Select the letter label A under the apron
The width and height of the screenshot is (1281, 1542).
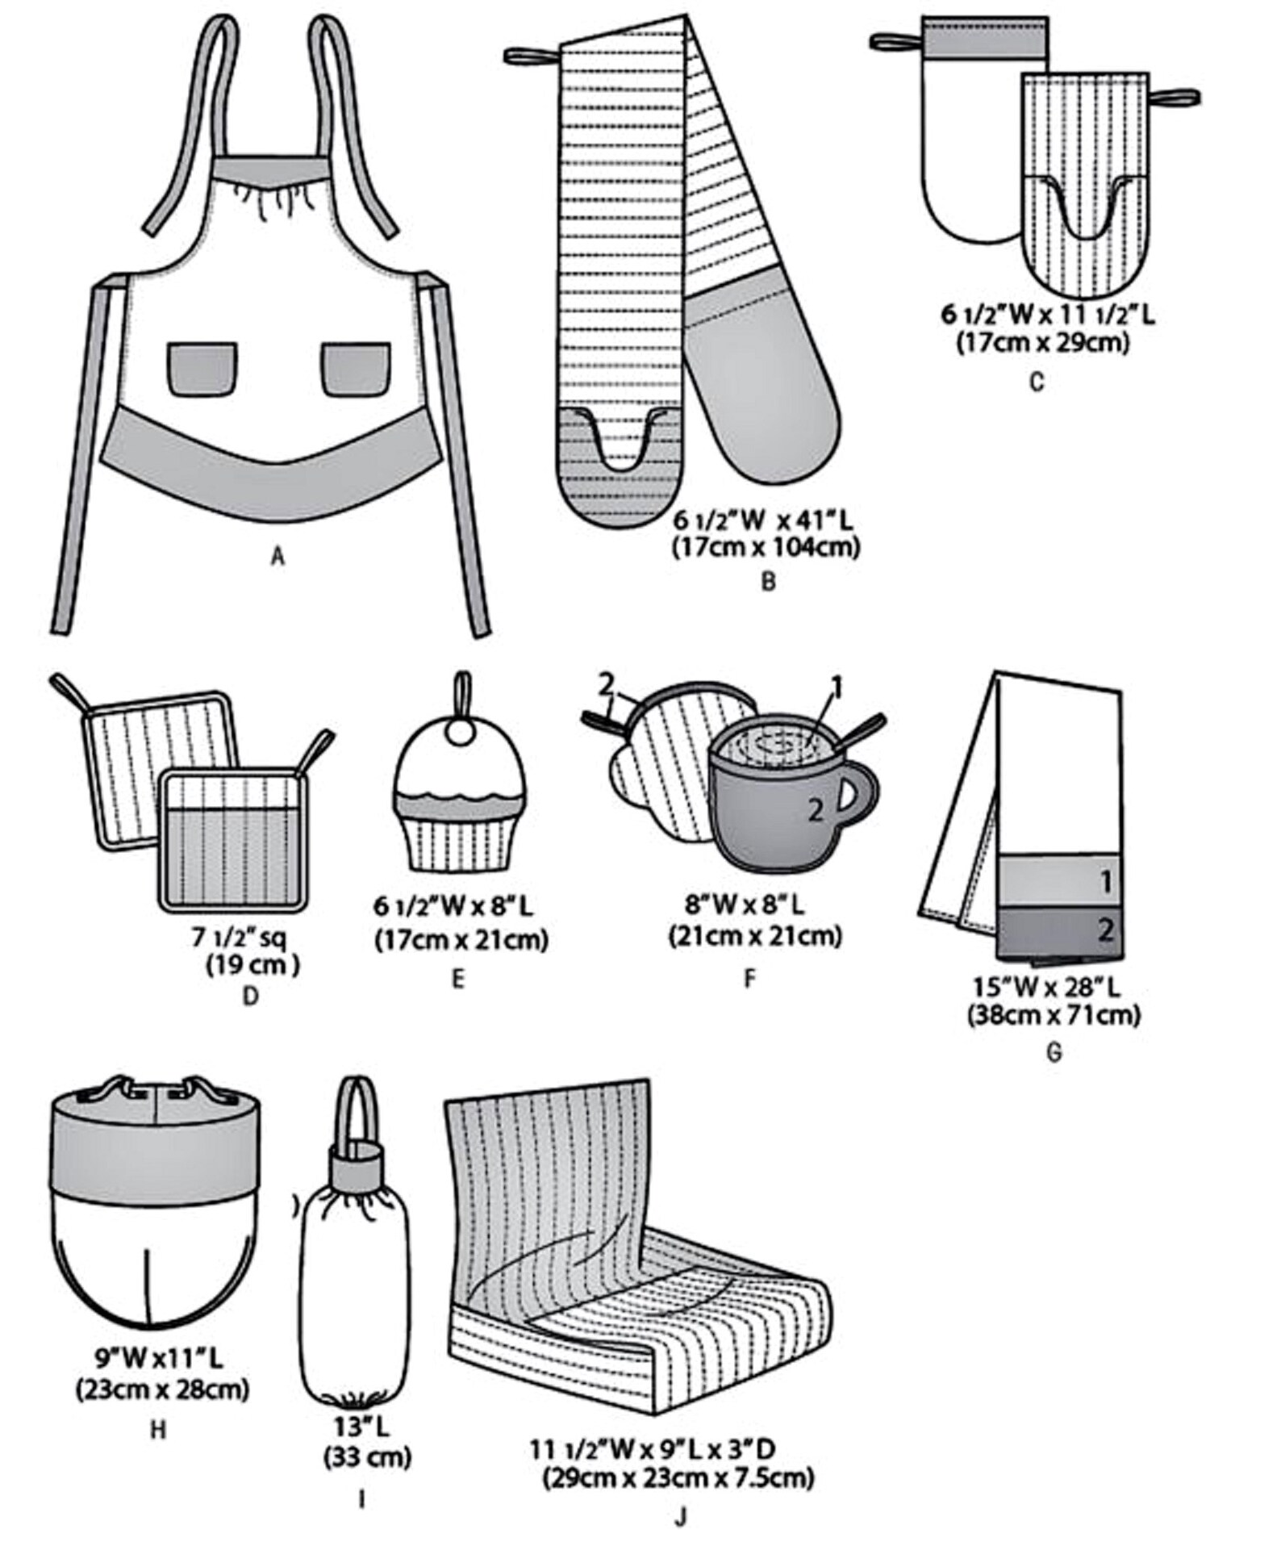point(278,556)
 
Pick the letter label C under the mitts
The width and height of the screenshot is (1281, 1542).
point(1037,382)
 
